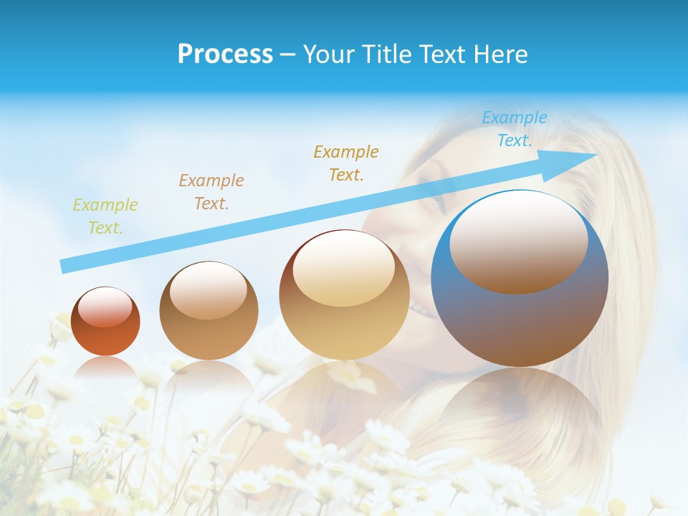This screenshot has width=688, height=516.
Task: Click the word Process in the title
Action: [225, 54]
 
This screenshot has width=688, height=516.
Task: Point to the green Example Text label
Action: [105, 216]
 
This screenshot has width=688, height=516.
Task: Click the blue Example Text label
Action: [515, 129]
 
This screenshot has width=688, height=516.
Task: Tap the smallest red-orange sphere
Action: [105, 321]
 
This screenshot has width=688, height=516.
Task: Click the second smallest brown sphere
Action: [209, 310]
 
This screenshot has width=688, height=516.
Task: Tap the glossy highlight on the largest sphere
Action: [518, 242]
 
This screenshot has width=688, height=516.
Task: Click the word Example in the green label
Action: [105, 205]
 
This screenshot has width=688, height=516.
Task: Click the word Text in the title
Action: [441, 54]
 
